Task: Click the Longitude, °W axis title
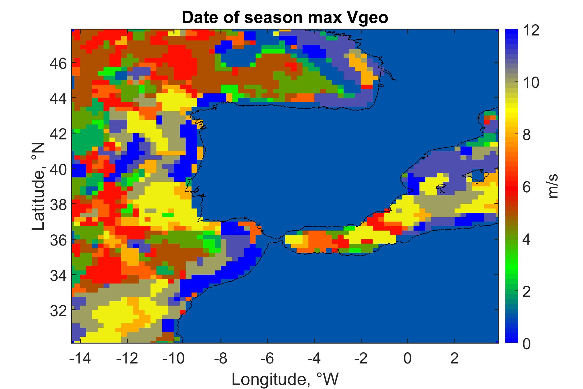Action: (285, 379)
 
